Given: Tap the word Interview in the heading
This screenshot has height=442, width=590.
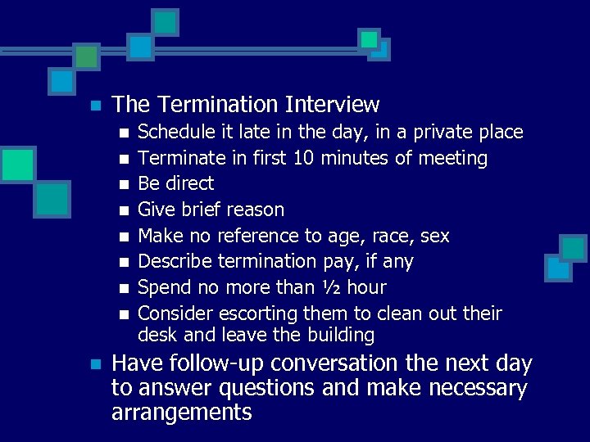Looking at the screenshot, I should tap(332, 105).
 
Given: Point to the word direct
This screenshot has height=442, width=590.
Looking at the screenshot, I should tap(189, 183).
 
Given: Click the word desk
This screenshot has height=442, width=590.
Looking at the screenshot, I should tap(154, 335).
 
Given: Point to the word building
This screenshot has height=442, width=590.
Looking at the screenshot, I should tap(342, 335).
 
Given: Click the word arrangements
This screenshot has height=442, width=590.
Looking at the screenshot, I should tap(181, 412).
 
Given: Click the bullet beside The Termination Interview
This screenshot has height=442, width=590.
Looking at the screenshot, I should tap(95, 106).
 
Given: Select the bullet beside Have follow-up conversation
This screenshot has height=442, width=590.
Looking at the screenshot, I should tap(95, 363).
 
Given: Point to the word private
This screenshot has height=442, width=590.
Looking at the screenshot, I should tap(442, 132).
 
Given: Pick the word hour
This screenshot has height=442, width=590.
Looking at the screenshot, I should tap(366, 287).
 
